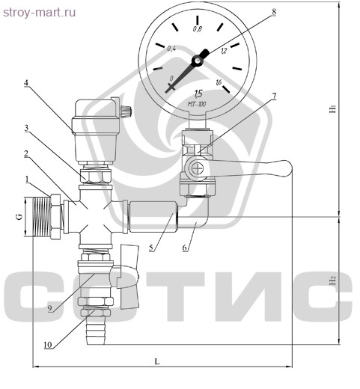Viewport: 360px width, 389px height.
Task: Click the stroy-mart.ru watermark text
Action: pyautogui.click(x=39, y=13)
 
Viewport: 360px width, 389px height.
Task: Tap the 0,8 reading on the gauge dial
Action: pyautogui.click(x=197, y=29)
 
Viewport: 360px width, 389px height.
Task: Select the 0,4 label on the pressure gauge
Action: pyautogui.click(x=171, y=49)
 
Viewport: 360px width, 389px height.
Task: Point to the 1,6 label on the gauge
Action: pyautogui.click(x=219, y=82)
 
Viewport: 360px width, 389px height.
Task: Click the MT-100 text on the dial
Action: pyautogui.click(x=197, y=104)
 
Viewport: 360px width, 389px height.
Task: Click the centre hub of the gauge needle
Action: pyautogui.click(x=198, y=61)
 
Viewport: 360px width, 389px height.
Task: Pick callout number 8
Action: pyautogui.click(x=274, y=11)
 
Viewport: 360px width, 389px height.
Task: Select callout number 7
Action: pyautogui.click(x=274, y=96)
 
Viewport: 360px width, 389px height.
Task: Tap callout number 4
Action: pyautogui.click(x=26, y=83)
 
